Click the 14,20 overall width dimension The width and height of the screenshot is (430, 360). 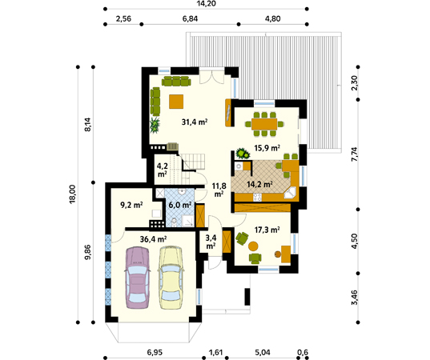coord(207,3)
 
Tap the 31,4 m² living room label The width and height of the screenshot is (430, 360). coord(195,122)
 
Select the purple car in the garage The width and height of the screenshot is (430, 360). coord(137,278)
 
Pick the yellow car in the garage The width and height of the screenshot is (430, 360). coord(171,278)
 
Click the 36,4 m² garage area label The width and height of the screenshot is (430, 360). coord(153,239)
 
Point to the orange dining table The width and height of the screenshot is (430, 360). coord(264,124)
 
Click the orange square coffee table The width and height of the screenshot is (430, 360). coord(176,102)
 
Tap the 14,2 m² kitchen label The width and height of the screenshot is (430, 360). coord(259,184)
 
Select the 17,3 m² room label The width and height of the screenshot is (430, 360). coord(267,230)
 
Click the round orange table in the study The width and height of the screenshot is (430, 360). coord(253,246)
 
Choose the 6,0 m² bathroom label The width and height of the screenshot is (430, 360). coord(179,205)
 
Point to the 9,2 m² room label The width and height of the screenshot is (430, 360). coord(131,205)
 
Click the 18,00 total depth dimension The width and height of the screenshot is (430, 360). coord(72,194)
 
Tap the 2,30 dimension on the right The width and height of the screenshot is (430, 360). coord(355,83)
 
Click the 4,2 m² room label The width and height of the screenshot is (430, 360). coord(162,170)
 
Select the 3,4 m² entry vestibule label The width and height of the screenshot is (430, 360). coord(211,242)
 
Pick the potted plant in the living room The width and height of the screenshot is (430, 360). coord(155,126)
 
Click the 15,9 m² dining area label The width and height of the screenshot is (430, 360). coord(267,148)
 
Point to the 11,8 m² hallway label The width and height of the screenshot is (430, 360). coord(219,190)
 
